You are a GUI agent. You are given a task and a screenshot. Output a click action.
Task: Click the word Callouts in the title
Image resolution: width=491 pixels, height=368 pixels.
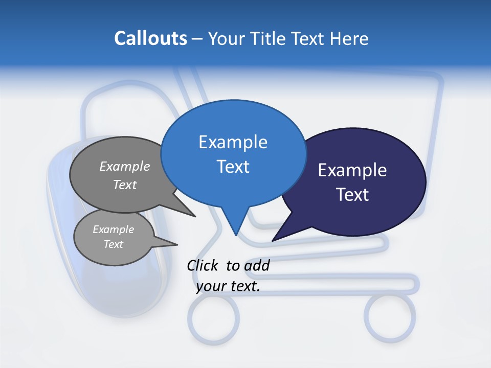(151, 38)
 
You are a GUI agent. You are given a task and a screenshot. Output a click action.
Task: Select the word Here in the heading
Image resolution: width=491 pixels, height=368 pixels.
(349, 38)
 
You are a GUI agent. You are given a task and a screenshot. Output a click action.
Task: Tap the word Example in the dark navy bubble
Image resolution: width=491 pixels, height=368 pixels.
(352, 170)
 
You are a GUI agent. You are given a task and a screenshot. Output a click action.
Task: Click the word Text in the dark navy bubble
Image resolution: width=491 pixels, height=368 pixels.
(352, 195)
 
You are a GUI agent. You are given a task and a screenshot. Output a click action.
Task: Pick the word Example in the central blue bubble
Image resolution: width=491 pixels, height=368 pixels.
(233, 142)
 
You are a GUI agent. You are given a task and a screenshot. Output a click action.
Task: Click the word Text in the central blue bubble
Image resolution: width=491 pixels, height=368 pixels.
(233, 167)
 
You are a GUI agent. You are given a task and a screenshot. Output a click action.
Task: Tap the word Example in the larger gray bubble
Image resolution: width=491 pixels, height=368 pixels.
(125, 166)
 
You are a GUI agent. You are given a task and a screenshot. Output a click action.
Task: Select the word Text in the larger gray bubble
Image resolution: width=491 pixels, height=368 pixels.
(125, 185)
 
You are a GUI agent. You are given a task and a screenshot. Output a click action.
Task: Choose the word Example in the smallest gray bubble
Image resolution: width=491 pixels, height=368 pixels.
(113, 229)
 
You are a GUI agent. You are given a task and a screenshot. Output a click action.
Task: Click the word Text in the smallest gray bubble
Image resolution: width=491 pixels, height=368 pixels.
(113, 244)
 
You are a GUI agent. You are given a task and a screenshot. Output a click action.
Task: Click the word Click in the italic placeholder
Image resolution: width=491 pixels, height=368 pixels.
(203, 265)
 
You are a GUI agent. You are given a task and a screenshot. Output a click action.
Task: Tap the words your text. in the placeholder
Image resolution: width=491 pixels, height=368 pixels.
(228, 286)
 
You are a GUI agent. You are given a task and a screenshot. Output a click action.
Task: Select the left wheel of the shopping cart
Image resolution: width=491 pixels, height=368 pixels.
(214, 319)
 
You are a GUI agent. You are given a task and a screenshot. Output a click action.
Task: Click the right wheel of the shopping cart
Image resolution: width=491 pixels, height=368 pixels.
(390, 317)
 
